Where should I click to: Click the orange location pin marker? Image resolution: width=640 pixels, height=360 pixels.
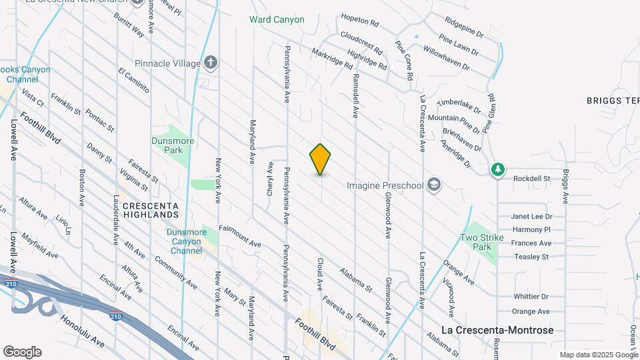click(x=320, y=159)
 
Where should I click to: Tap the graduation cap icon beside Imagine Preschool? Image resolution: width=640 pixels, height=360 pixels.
click(x=434, y=185)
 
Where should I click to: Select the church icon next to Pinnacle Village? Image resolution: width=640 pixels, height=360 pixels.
click(x=211, y=63)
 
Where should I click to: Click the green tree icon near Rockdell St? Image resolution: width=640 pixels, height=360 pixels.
click(x=497, y=170)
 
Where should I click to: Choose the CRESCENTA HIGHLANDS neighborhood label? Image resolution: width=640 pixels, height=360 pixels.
click(x=151, y=211)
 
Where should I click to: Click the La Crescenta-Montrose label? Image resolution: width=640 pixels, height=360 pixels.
click(x=498, y=330)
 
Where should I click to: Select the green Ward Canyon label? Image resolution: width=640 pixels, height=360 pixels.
click(x=277, y=19)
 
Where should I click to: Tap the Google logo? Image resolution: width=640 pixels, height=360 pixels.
click(x=22, y=351)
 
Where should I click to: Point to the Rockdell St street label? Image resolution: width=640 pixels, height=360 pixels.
click(x=531, y=179)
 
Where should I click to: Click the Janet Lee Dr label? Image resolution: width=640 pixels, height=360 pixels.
click(x=532, y=217)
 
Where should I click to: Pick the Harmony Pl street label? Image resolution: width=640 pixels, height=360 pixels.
click(x=531, y=230)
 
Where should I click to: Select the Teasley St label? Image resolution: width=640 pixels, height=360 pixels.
click(x=531, y=257)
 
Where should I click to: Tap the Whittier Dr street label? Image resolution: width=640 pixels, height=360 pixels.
click(x=531, y=297)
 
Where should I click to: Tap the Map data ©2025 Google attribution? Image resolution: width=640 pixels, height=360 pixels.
click(x=599, y=355)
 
